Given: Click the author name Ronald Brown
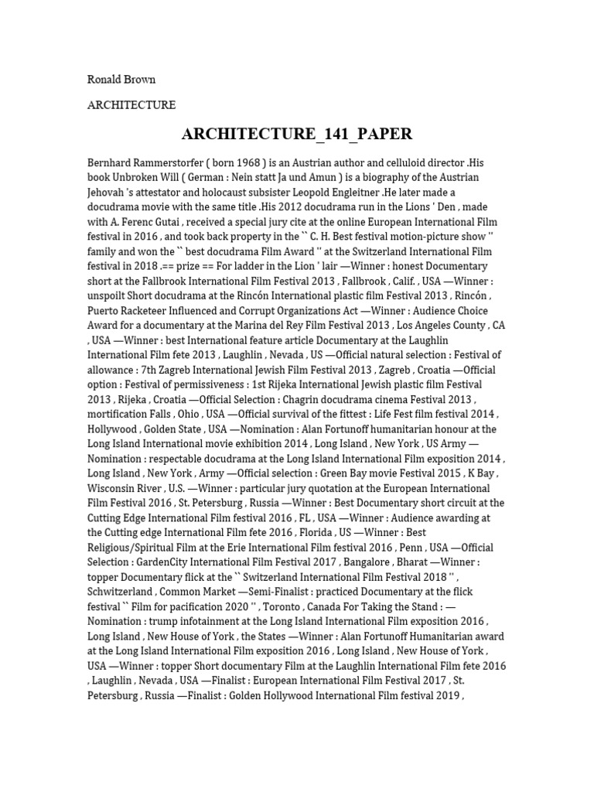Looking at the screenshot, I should click(x=121, y=79).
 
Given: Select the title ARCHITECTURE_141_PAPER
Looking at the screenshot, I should click(x=297, y=134).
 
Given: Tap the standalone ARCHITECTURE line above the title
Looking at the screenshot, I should click(x=131, y=104).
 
